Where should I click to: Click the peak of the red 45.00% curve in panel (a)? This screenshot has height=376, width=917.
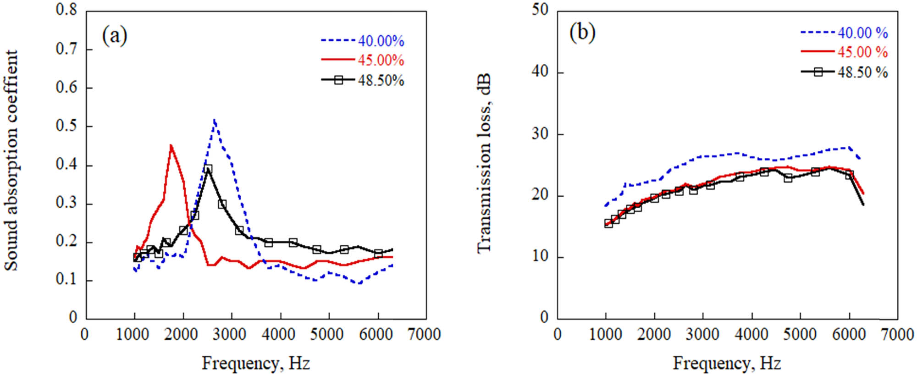(x=171, y=146)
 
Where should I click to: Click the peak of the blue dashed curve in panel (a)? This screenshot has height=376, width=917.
(x=214, y=120)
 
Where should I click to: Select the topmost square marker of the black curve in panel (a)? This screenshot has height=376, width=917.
(x=208, y=169)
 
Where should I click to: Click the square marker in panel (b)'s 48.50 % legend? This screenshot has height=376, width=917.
(x=818, y=72)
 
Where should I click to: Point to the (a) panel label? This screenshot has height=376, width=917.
(x=114, y=35)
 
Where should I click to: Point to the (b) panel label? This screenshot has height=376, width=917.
(x=582, y=33)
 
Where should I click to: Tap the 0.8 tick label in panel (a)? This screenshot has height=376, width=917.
(x=66, y=10)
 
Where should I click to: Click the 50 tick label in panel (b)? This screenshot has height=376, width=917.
(x=540, y=10)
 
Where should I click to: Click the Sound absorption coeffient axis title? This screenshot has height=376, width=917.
(x=11, y=160)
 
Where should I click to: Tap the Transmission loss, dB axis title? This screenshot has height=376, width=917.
(x=484, y=163)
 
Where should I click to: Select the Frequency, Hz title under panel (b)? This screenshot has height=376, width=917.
(x=727, y=363)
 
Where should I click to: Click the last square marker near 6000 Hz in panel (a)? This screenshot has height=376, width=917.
(x=378, y=253)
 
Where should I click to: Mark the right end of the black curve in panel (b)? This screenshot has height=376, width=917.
(x=863, y=205)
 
